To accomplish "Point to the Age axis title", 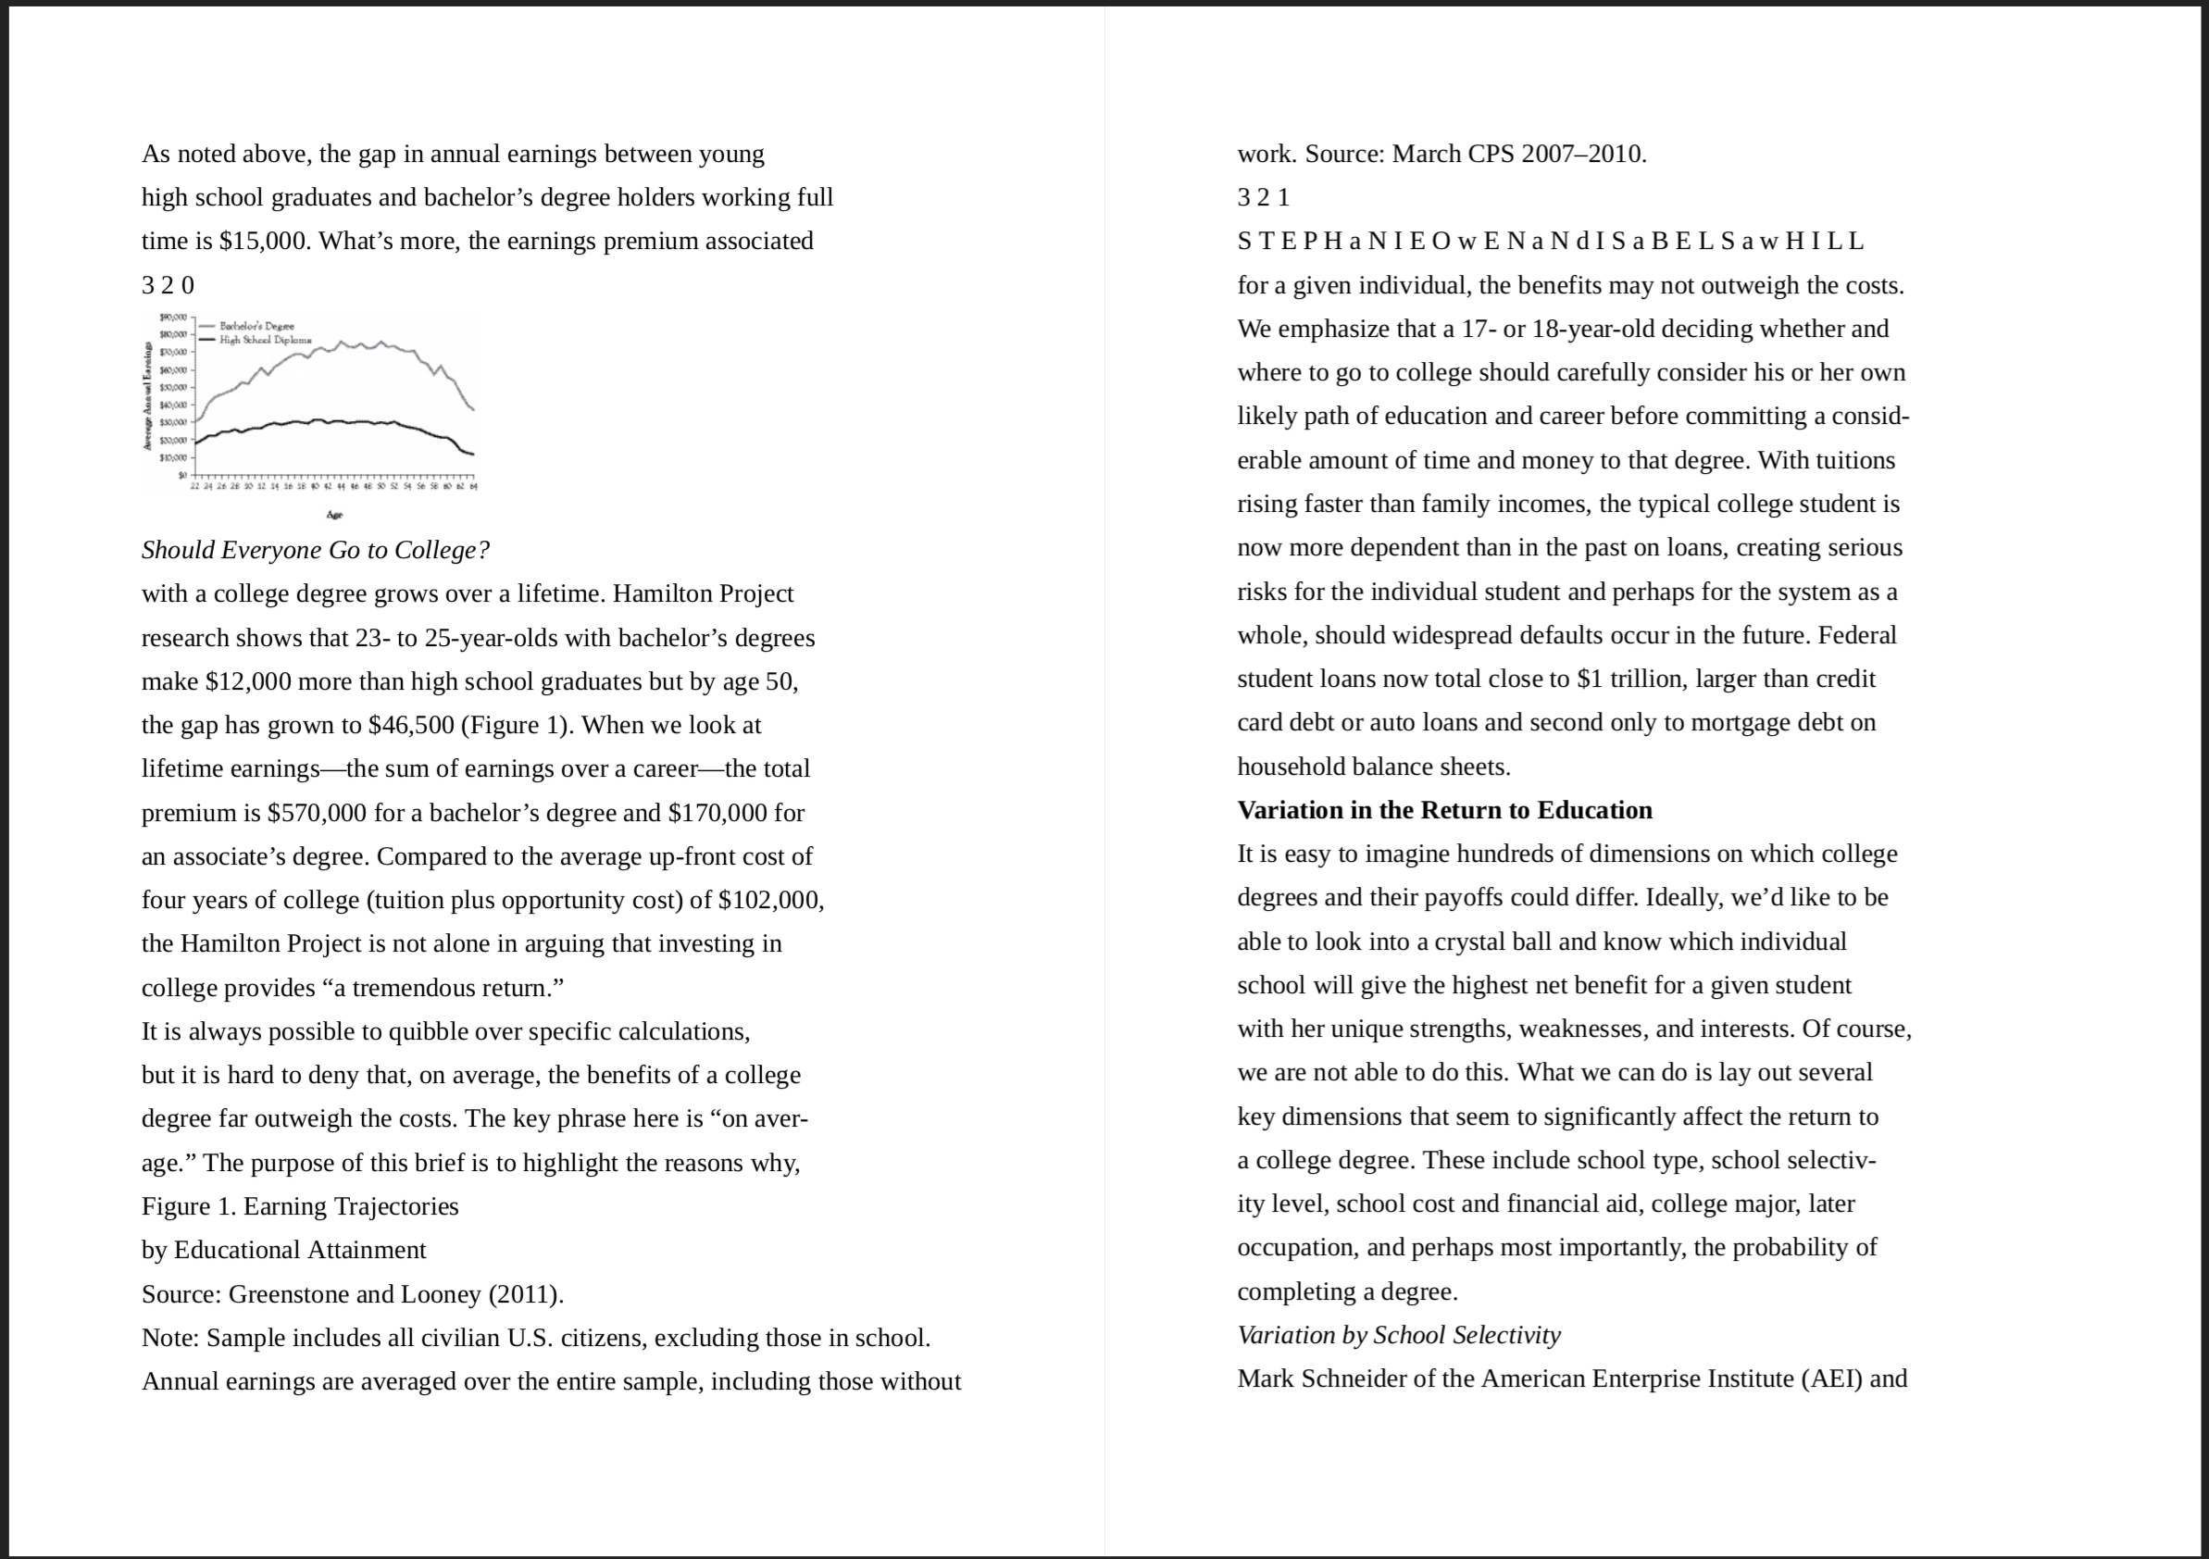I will (334, 516).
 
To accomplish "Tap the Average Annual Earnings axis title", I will (147, 395).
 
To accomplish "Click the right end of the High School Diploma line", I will (472, 455).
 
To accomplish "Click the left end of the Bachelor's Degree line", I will (197, 420).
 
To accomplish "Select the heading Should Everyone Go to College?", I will (315, 551).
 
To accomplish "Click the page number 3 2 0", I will (168, 286).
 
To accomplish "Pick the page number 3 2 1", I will (1262, 198).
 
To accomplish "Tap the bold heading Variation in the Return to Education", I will (1444, 810).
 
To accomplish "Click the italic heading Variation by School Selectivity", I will (1398, 1336).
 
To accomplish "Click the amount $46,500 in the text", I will (411, 726).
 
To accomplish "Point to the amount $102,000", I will (769, 901).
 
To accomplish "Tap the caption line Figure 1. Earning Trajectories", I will (299, 1207).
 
